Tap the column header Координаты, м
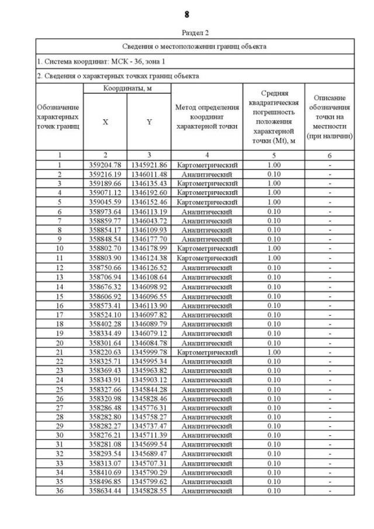point(127,88)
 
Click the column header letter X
point(105,122)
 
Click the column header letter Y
point(149,122)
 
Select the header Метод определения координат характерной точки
point(207,117)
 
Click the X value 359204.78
point(105,165)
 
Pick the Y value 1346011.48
point(149,174)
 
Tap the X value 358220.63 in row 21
point(105,352)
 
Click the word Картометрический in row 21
point(207,352)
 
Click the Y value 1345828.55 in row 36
point(149,492)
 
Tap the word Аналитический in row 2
point(207,174)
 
